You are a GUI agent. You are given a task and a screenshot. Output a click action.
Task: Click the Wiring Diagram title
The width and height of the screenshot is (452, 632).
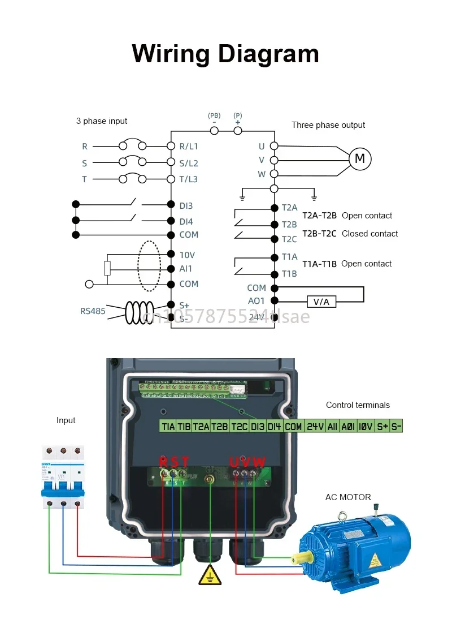[225, 54]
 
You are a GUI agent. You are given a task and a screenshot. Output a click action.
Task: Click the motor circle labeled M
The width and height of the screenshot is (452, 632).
[359, 159]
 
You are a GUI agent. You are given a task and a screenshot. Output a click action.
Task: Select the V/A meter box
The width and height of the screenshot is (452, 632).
[321, 302]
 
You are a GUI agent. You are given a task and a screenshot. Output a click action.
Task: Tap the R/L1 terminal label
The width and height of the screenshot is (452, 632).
[189, 146]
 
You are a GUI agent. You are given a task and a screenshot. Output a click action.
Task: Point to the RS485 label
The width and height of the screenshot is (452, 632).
[93, 311]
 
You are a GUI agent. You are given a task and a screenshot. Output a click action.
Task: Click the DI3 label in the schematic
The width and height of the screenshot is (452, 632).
[186, 206]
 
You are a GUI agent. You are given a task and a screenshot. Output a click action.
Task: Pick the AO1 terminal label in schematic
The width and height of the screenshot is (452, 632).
[257, 301]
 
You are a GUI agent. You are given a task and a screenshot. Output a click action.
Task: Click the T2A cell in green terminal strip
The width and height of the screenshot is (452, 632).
[201, 427]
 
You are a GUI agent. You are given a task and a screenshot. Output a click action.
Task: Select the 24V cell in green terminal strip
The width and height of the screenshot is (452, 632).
[315, 427]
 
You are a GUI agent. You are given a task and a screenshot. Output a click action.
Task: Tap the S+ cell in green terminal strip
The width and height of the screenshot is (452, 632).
[383, 427]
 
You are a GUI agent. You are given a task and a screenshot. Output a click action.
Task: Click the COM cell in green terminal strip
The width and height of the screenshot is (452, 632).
[293, 427]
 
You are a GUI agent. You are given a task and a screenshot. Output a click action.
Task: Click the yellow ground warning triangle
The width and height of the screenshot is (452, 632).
[210, 575]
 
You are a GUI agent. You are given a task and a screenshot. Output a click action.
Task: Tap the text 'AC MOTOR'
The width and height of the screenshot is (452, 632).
[348, 497]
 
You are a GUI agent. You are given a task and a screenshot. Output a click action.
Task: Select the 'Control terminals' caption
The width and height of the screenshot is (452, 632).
[358, 405]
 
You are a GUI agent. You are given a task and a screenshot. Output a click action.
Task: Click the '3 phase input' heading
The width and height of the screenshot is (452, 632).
[102, 121]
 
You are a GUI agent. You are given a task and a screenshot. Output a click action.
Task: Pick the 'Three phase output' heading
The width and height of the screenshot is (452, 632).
[328, 125]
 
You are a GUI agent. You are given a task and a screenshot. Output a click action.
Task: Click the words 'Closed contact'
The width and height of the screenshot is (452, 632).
[370, 234]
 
